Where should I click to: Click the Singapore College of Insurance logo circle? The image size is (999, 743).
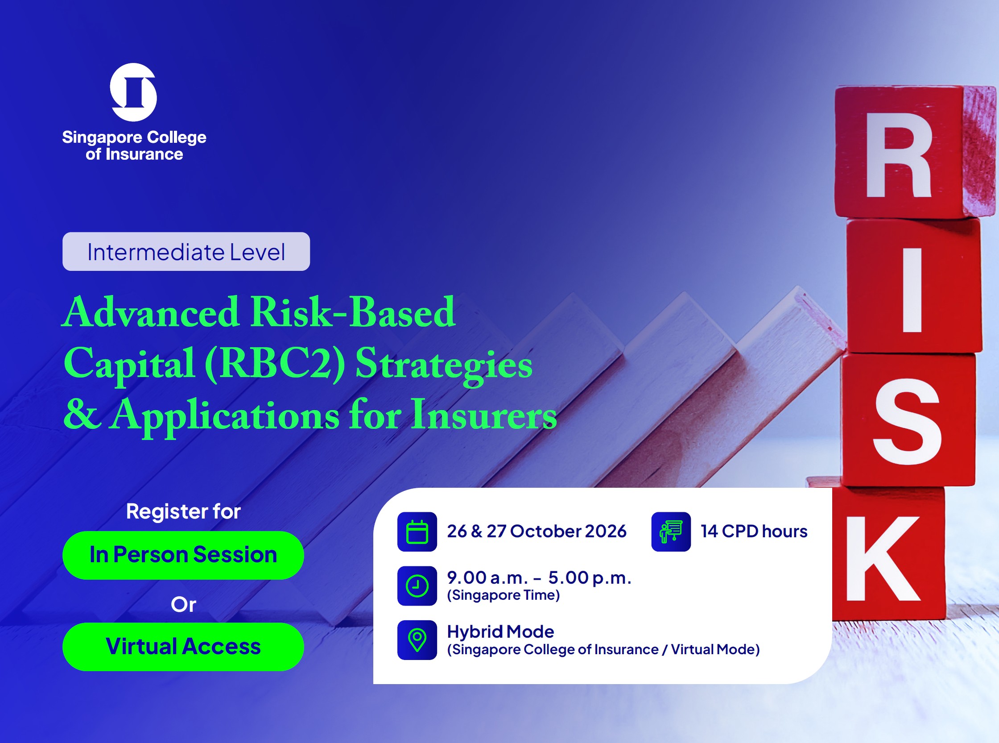(133, 92)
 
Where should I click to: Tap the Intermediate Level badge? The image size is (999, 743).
(186, 251)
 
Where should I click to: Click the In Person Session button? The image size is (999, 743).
(183, 555)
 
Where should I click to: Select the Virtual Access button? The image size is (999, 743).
(183, 647)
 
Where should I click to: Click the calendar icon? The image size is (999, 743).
(417, 531)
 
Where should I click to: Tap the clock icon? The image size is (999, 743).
(417, 585)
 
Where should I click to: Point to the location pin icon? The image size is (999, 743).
(417, 640)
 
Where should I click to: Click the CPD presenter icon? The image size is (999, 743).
(671, 531)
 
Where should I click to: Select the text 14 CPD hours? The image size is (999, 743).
(754, 531)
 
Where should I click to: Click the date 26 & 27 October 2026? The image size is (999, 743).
(537, 531)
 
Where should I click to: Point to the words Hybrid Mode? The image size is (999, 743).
(501, 632)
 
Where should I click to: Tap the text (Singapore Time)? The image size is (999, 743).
(504, 595)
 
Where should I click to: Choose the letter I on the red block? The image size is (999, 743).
(912, 290)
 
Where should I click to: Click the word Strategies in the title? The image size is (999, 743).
(444, 364)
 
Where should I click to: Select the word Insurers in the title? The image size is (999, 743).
(484, 415)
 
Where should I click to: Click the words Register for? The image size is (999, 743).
(183, 511)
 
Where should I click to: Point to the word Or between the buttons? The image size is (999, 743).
(183, 605)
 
